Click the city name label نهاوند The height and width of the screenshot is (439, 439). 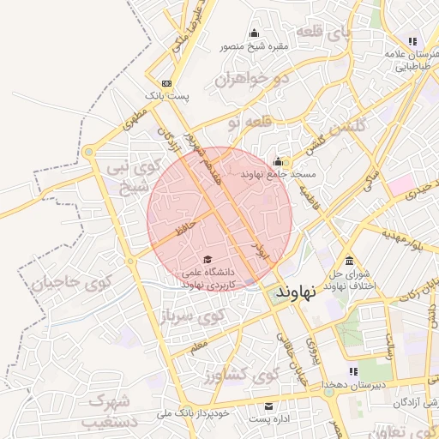298,291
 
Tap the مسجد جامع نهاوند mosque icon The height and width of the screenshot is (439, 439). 278,162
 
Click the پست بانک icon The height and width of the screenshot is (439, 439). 165,83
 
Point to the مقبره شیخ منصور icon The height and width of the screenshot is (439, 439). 254,33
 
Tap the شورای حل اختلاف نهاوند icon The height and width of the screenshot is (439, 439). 349,261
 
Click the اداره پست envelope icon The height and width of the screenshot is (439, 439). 269,406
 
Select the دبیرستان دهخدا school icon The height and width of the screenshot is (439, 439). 353,371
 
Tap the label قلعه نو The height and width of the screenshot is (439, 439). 250,123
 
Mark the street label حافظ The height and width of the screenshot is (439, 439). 186,227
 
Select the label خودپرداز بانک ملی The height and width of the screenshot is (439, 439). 194,413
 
